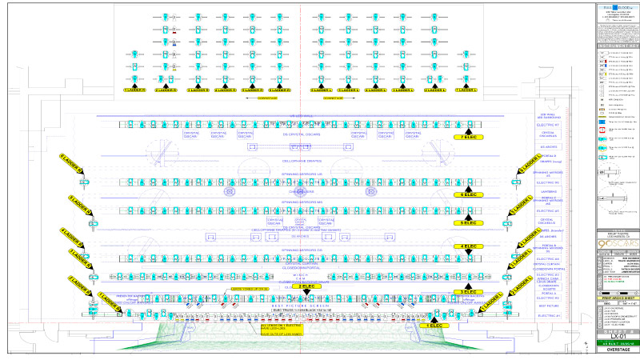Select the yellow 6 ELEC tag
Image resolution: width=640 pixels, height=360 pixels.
point(469,194)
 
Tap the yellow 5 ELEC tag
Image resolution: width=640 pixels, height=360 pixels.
point(469,222)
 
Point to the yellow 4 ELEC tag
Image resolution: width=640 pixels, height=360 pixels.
point(469,246)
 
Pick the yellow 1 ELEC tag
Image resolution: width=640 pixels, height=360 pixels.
point(436,326)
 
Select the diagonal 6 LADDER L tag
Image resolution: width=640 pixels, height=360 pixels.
point(530,165)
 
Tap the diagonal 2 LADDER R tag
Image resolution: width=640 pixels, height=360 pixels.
point(79,285)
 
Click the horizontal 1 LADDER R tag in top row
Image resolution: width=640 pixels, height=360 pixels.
point(134,90)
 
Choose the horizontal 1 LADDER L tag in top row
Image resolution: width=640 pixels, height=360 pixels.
point(468,90)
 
